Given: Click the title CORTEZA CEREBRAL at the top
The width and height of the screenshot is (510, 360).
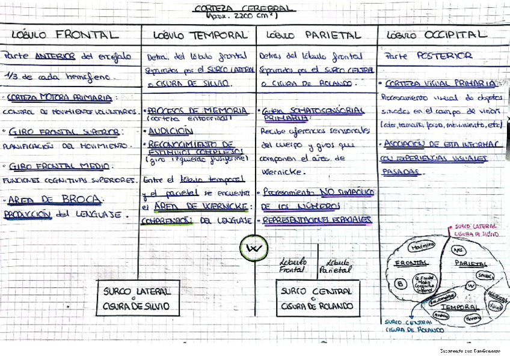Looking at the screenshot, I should (244, 8).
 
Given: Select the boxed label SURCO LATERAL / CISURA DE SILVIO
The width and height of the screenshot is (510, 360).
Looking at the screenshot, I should (137, 298).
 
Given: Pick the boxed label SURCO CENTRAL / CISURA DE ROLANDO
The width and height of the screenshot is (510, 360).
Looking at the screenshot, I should (318, 298).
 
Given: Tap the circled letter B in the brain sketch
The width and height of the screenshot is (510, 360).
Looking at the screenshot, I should (401, 283).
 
